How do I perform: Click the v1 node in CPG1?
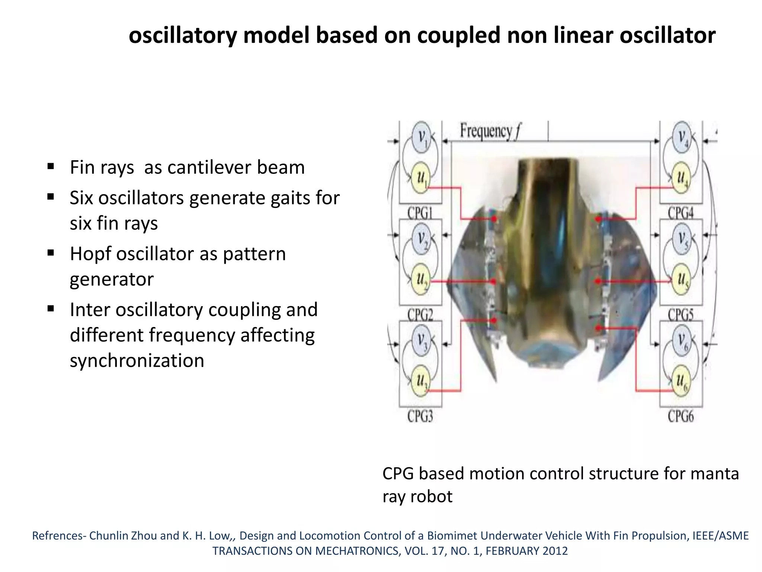pyautogui.click(x=421, y=136)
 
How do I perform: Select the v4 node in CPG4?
pyautogui.click(x=682, y=136)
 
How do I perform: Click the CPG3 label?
pyautogui.click(x=420, y=416)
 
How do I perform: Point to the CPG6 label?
pyautogui.click(x=681, y=416)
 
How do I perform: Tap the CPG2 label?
pyautogui.click(x=420, y=315)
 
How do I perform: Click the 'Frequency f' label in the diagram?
pyautogui.click(x=490, y=131)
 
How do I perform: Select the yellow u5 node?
pyautogui.click(x=682, y=279)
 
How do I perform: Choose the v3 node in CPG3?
pyautogui.click(x=421, y=340)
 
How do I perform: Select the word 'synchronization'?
pyautogui.click(x=137, y=360)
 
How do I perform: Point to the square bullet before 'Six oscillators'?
pyautogui.click(x=51, y=197)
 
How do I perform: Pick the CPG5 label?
pyautogui.click(x=681, y=315)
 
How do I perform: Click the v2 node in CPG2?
pyautogui.click(x=421, y=237)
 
